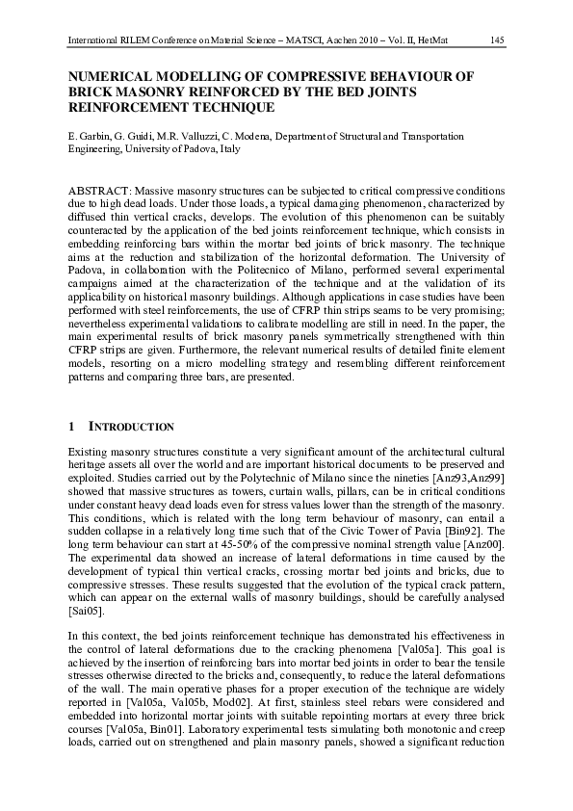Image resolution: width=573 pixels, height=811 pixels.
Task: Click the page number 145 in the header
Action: click(x=497, y=39)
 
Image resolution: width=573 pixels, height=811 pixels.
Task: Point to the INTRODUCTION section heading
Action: click(x=131, y=427)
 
